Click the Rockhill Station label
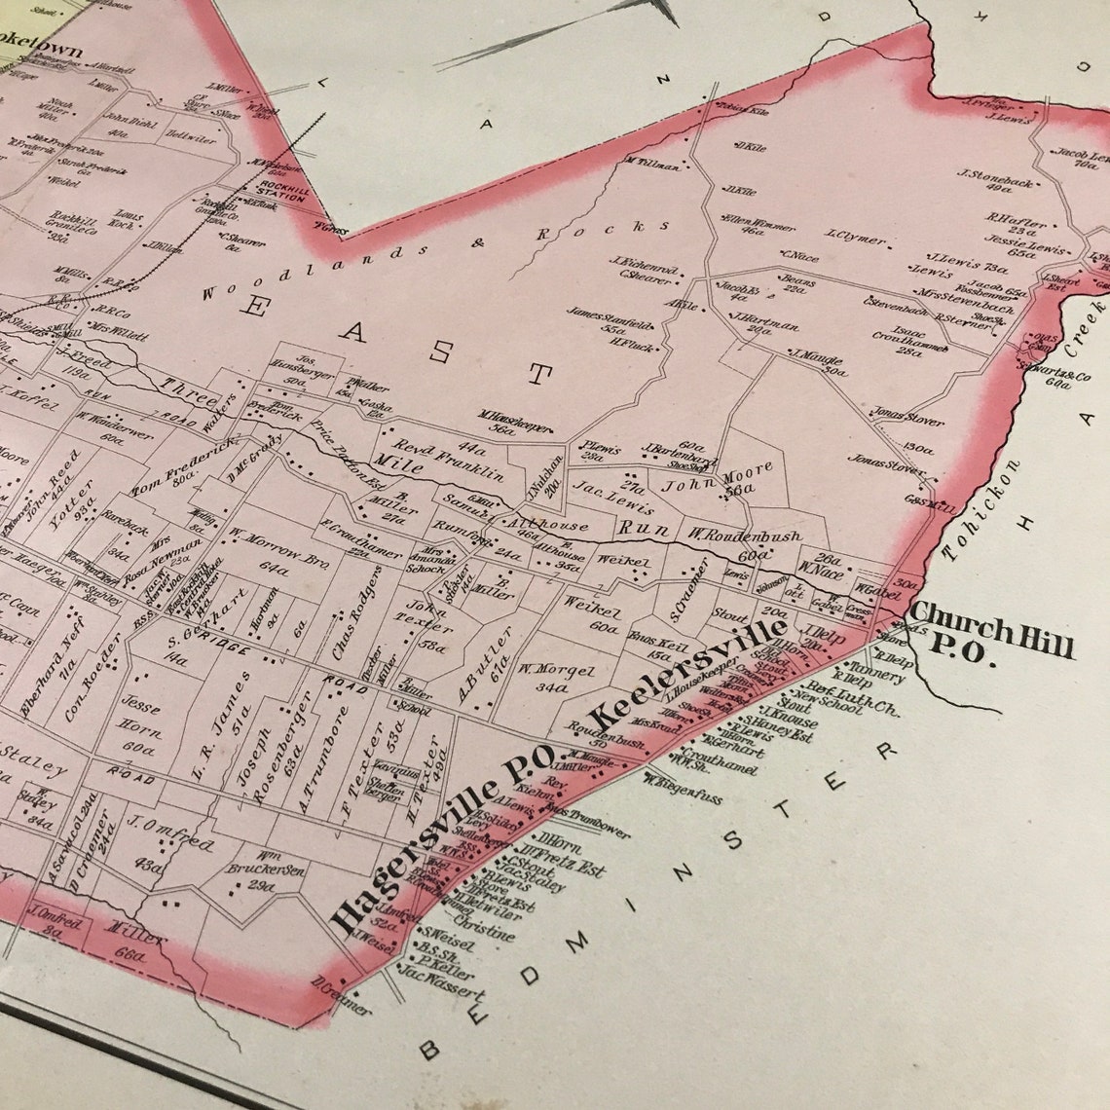[283, 191]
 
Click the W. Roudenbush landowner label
[745, 536]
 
